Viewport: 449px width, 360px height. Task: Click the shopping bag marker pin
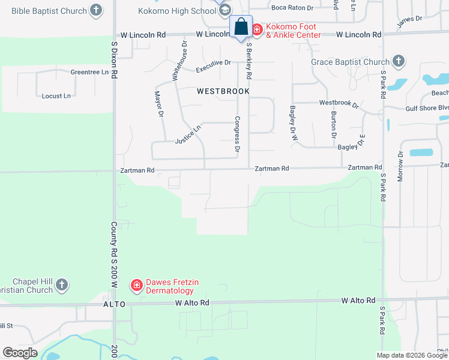pos(241,27)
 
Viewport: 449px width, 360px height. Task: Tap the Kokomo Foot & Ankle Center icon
pos(257,29)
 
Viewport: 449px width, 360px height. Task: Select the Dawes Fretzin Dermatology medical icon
pos(137,284)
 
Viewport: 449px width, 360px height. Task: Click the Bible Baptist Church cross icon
pos(95,10)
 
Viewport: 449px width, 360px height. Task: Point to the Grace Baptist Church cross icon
pos(398,61)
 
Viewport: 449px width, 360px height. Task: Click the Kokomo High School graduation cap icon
pos(224,10)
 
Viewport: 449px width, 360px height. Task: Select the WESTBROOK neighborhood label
pos(223,91)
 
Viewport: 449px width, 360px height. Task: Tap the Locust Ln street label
pos(56,96)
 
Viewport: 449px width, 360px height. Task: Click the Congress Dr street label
pos(237,133)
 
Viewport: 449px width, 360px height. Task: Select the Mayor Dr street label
pos(159,103)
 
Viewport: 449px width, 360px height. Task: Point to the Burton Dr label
pos(333,124)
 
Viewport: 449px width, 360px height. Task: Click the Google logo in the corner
pos(20,353)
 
